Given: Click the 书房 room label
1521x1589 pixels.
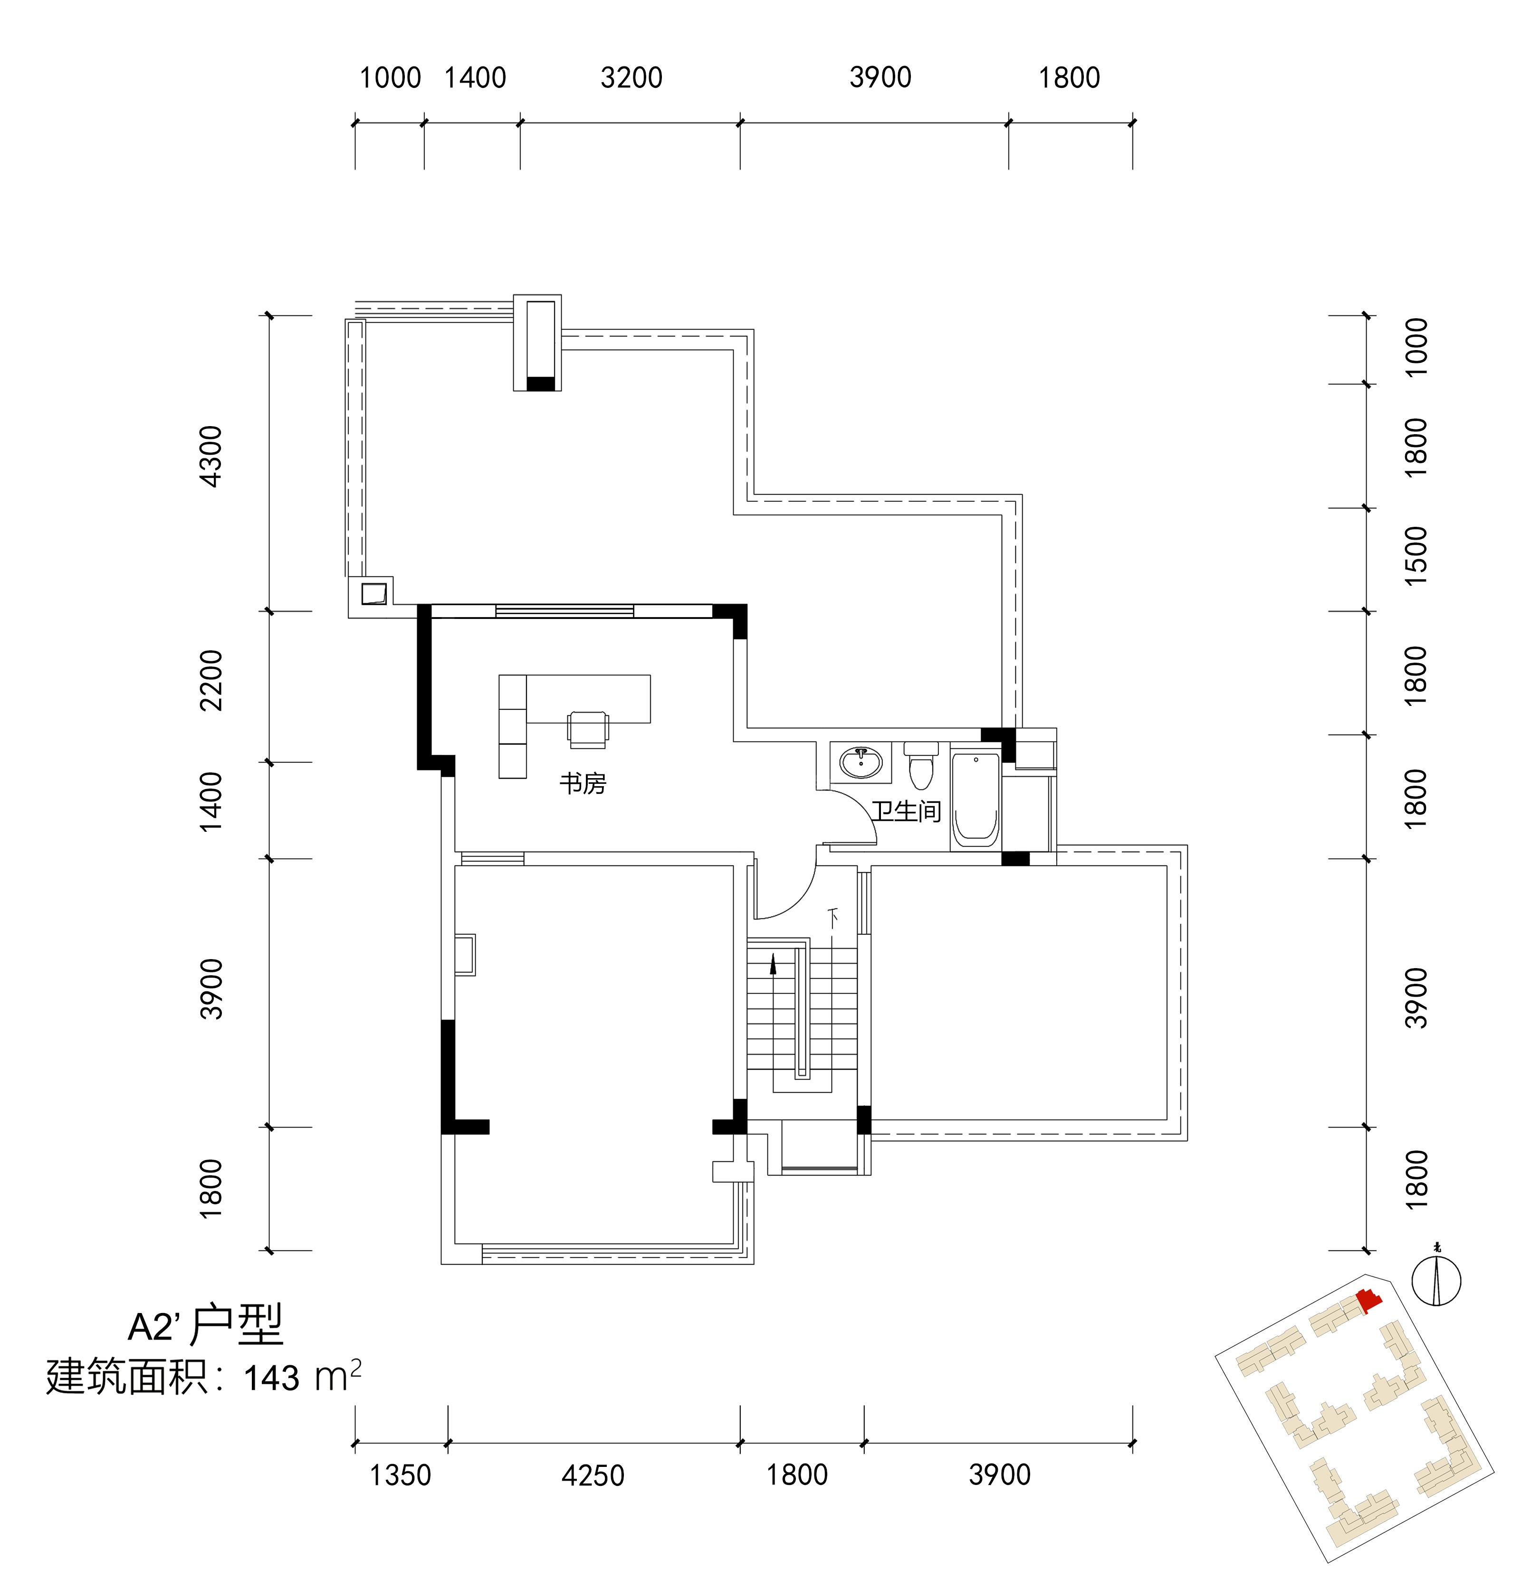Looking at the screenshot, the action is (x=582, y=784).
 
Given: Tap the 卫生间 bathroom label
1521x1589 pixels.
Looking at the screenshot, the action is (x=907, y=811).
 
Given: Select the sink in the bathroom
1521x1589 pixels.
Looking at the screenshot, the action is (x=861, y=762).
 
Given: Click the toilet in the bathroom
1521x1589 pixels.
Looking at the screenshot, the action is (x=921, y=764).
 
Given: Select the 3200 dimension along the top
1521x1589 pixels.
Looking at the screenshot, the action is (x=631, y=78).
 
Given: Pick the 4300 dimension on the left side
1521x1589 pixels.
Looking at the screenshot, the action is (x=211, y=457).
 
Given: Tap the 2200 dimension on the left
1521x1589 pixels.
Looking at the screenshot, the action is (x=211, y=680).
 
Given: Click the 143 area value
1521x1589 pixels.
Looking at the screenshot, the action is (x=272, y=1378).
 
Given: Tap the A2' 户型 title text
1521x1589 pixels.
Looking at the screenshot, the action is (x=206, y=1326).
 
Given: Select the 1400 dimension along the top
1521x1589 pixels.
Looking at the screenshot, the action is (x=475, y=78).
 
